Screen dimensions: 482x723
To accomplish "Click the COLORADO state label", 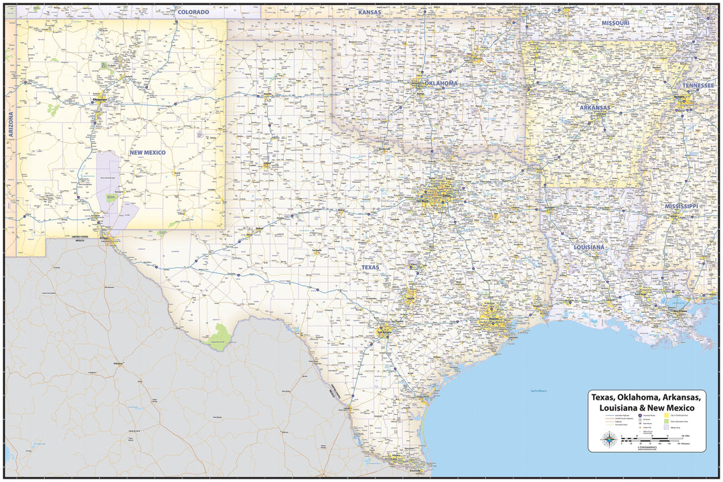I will point(193,12).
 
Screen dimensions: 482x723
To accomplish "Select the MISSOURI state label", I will point(615,23).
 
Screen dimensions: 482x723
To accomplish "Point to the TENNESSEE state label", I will point(699,86).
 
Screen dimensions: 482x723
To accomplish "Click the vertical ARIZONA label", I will point(11,125).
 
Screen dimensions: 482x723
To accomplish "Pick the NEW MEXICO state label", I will point(147,153).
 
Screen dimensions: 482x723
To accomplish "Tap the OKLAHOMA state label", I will point(439,83).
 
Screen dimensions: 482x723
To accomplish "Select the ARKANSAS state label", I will point(594,107).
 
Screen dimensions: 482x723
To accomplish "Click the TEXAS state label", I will point(370,267).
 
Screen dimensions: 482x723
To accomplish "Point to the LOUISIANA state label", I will point(588,247).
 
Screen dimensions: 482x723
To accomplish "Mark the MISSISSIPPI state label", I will point(681,206).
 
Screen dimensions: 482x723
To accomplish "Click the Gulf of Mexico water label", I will point(539,391).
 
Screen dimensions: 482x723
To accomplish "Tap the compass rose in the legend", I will point(609,439).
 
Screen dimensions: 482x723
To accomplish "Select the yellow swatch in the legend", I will point(667,415).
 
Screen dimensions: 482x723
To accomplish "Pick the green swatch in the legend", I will point(667,421).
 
